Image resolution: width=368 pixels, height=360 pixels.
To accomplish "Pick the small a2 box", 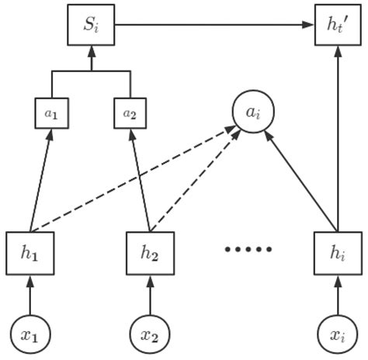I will click(130, 113).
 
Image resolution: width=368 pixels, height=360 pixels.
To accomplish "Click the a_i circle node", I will click(253, 113).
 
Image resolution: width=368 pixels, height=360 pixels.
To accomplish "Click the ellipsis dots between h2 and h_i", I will click(248, 250).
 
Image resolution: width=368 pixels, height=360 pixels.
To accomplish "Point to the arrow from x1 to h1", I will click(31, 292).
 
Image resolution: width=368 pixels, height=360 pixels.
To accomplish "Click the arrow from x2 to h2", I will click(149, 292).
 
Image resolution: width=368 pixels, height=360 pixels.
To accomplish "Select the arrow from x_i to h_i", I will click(338, 292).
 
